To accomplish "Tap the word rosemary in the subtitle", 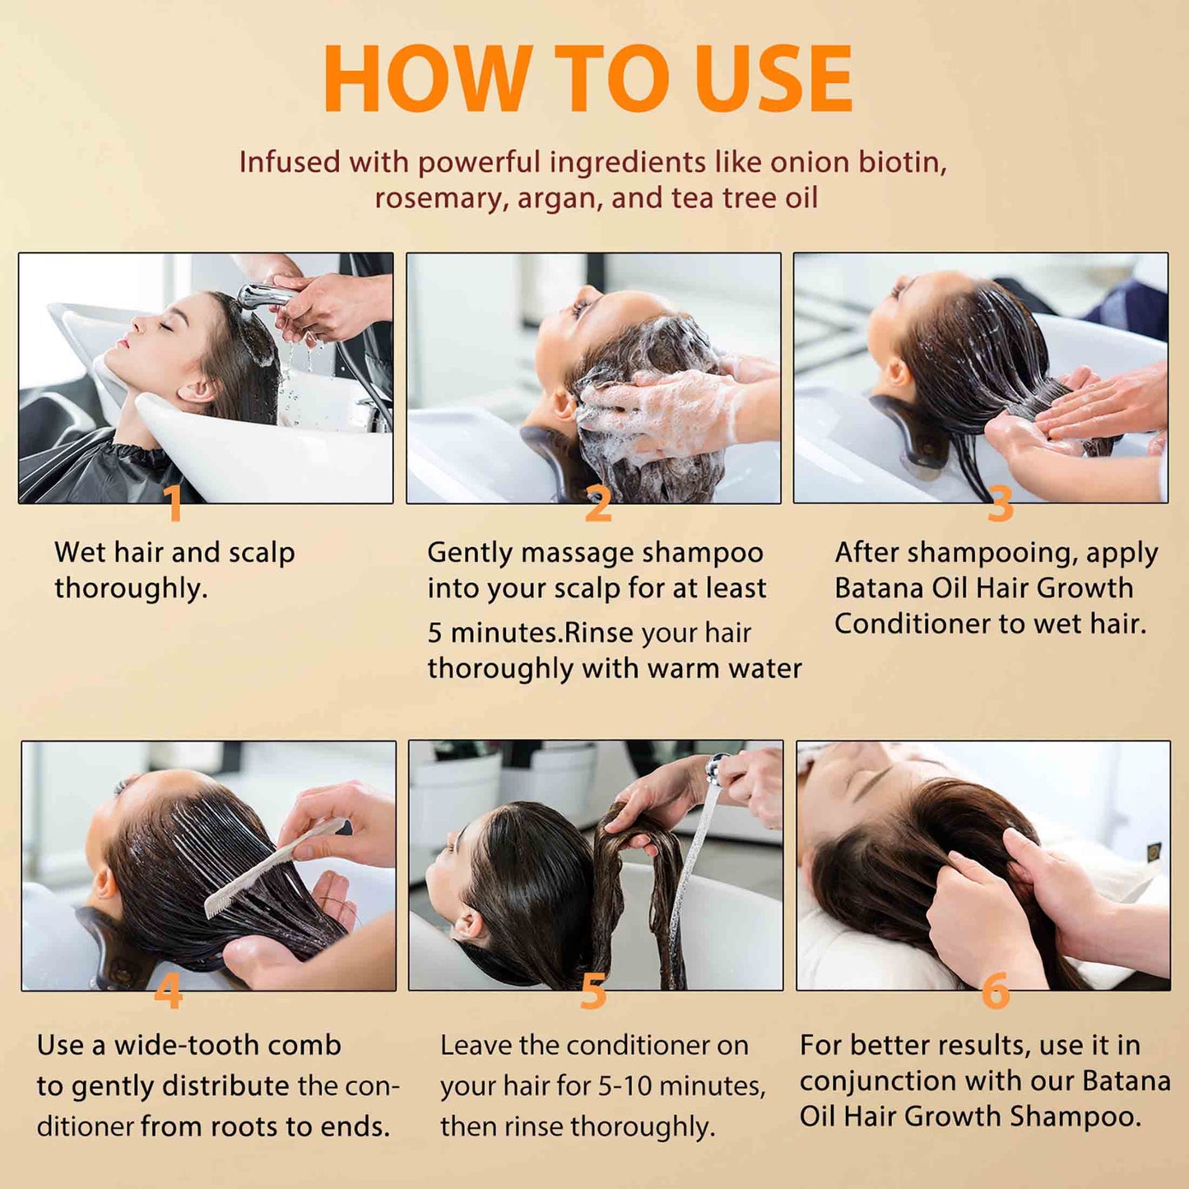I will (x=441, y=198).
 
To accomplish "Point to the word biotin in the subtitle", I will (x=903, y=162).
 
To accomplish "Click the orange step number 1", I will (x=173, y=504).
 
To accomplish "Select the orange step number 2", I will (x=598, y=504).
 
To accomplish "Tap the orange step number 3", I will (x=1000, y=504).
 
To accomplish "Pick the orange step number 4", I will (x=168, y=992).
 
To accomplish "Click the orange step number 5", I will (x=593, y=992).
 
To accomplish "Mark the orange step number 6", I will (x=996, y=992).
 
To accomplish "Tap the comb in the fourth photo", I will (x=272, y=868).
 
